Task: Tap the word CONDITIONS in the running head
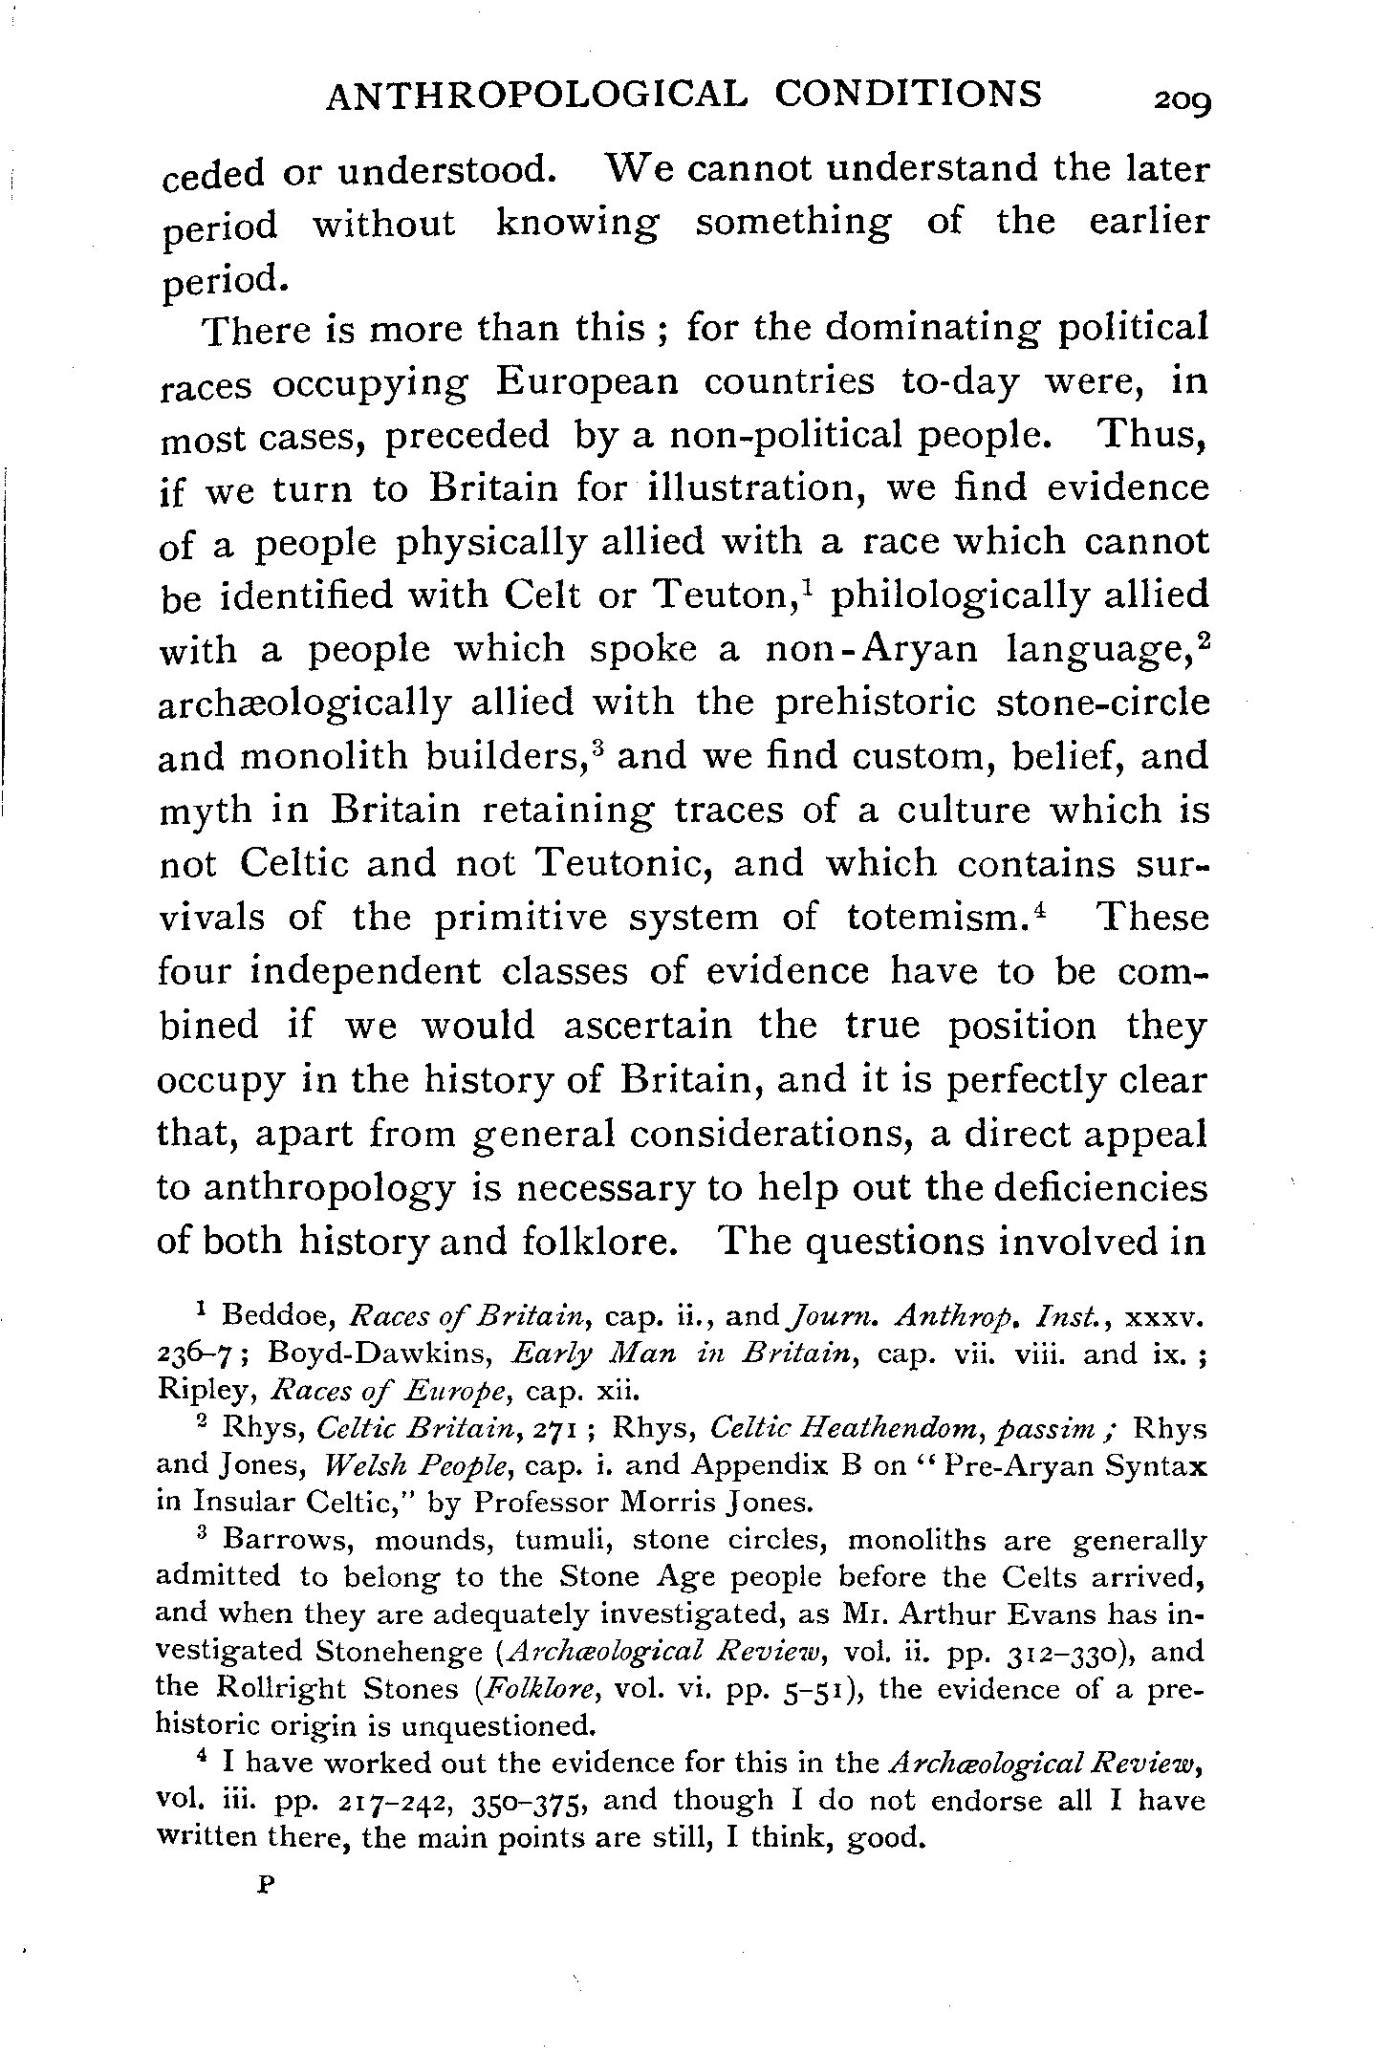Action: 908,93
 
